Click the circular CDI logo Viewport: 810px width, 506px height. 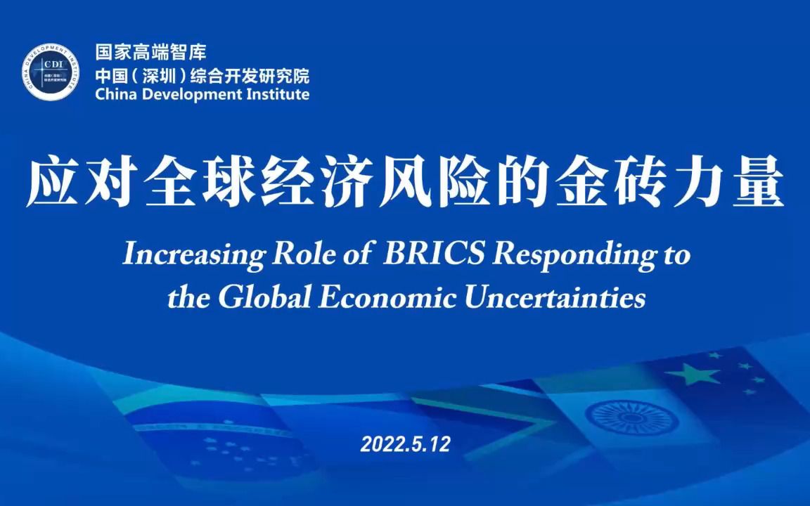coord(51,72)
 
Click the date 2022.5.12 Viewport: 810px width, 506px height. coord(405,444)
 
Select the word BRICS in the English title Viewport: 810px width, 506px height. coord(434,253)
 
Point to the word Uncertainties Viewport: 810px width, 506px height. coord(555,297)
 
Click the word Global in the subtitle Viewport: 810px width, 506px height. coord(264,297)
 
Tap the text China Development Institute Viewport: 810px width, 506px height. coord(202,94)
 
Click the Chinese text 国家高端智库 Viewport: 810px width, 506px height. coord(151,51)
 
